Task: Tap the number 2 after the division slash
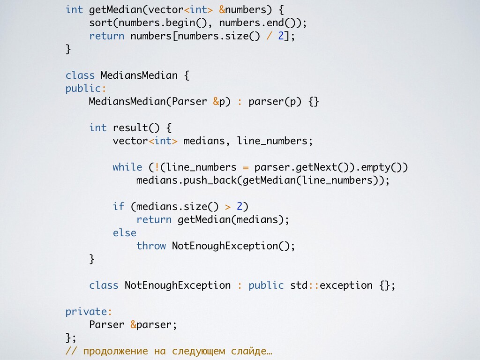coord(281,36)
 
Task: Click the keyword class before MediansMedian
coord(80,75)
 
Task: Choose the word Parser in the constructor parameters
coord(189,101)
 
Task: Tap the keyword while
coord(127,167)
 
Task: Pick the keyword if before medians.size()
coord(118,206)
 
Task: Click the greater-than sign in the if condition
coord(228,206)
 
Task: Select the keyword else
coord(124,232)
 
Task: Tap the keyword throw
coord(151,246)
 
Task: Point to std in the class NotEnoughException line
coord(299,285)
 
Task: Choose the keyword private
coord(86,311)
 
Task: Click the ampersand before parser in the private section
coord(133,324)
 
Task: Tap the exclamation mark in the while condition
coord(157,167)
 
